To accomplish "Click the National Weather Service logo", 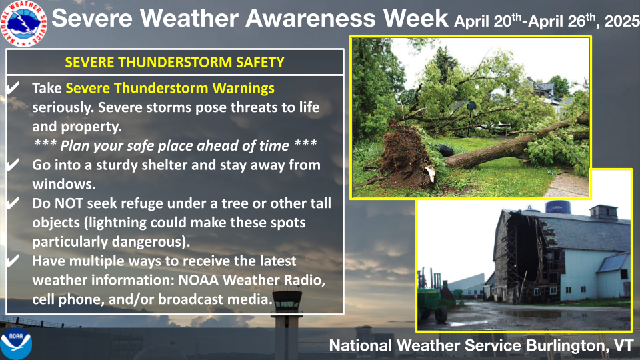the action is click(24, 23).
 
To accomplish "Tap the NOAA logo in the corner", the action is click(16, 344).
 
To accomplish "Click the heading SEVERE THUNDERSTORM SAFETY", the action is click(175, 62).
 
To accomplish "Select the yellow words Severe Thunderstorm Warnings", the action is click(170, 88).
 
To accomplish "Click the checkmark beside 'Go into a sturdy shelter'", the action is click(13, 164).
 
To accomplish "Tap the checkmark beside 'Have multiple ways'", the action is click(13, 260).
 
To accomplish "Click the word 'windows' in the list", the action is click(62, 184).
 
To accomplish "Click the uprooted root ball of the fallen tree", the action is click(403, 156).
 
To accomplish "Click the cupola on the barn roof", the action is click(603, 211).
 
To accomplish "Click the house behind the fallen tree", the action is click(543, 92).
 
